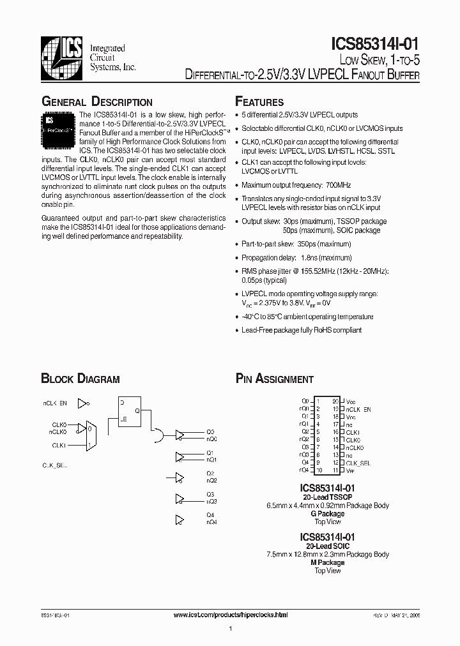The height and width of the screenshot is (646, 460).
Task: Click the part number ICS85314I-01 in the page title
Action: click(x=375, y=43)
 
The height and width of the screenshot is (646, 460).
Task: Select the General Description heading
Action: click(x=97, y=102)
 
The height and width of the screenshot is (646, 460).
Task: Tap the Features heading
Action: click(x=259, y=102)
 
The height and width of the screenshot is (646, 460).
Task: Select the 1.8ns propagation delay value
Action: click(x=304, y=258)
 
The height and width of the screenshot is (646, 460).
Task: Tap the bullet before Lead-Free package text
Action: click(x=236, y=331)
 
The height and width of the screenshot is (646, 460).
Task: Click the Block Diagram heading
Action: click(x=80, y=379)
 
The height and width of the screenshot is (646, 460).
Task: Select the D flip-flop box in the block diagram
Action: click(x=130, y=412)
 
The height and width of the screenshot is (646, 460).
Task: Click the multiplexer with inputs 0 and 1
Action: click(x=91, y=435)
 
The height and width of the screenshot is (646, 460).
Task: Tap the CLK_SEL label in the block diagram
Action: click(x=55, y=466)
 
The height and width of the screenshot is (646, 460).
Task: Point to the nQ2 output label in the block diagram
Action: click(x=211, y=480)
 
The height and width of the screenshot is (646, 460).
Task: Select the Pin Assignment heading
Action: click(x=275, y=379)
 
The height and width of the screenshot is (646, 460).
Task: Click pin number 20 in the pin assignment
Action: click(x=335, y=401)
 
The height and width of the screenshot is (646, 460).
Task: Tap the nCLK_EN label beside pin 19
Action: click(x=358, y=409)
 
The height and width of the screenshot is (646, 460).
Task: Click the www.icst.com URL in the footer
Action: click(x=231, y=614)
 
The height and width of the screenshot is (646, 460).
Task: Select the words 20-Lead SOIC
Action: click(x=328, y=546)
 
